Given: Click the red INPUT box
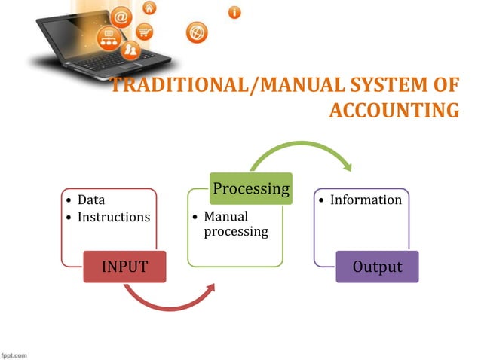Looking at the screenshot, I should [x=125, y=266].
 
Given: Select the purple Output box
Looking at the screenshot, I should [x=377, y=267].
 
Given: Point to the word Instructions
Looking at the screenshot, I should [x=114, y=217].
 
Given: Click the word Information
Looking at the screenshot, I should [x=366, y=200].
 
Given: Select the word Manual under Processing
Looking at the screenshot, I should [x=226, y=217].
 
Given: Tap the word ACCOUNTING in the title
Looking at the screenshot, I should [x=394, y=111].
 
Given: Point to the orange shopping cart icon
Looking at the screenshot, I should [x=142, y=32].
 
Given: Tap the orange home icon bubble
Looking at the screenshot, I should [x=150, y=8].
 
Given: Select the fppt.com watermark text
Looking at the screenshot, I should [x=14, y=353].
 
